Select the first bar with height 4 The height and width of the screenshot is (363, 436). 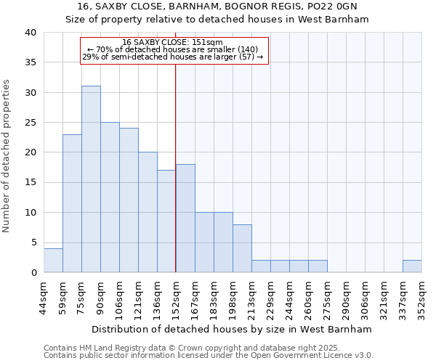click(x=53, y=260)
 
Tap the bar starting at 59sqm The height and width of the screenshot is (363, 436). click(x=72, y=203)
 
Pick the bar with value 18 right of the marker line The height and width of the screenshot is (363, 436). click(x=185, y=218)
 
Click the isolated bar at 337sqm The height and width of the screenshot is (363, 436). click(x=412, y=266)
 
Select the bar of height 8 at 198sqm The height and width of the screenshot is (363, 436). click(x=242, y=248)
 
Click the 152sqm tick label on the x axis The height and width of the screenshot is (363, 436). click(x=177, y=295)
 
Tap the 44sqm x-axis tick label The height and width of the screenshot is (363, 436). click(x=44, y=295)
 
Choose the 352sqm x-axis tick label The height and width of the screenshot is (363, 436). click(x=422, y=295)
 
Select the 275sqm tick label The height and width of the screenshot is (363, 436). click(x=328, y=295)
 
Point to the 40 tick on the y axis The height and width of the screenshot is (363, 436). click(x=31, y=33)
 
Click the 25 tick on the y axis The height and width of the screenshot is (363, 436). click(x=31, y=123)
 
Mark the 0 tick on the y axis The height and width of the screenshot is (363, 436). click(x=33, y=272)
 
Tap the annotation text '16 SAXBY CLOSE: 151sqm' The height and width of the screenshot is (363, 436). click(x=173, y=43)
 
